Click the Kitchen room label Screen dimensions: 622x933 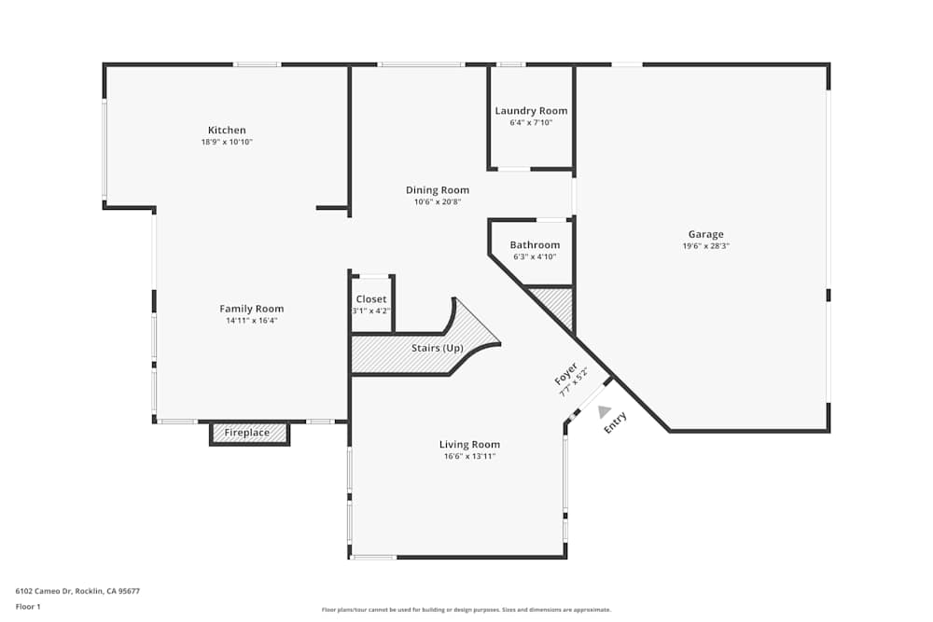(x=227, y=131)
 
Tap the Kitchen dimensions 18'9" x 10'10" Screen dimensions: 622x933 (x=227, y=143)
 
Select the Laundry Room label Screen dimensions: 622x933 (x=531, y=111)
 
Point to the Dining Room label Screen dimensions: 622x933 (x=438, y=190)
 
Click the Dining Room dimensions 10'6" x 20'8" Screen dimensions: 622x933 (x=438, y=201)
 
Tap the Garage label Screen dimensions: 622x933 (x=705, y=235)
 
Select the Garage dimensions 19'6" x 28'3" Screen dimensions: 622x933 (x=705, y=246)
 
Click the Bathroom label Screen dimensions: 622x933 (x=535, y=245)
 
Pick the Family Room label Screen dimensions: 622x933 (x=252, y=309)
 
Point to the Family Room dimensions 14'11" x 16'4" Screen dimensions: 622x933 (x=252, y=320)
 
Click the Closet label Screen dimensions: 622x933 (x=371, y=299)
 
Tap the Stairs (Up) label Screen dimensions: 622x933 (x=438, y=349)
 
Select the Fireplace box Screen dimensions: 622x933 (x=247, y=433)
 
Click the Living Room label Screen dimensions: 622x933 (x=469, y=445)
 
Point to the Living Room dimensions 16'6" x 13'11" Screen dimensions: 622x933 (x=469, y=456)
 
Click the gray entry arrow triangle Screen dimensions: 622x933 (x=605, y=411)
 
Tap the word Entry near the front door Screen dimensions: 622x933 (x=616, y=422)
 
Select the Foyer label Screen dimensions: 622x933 (x=565, y=375)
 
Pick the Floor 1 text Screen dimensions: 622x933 (x=28, y=606)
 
